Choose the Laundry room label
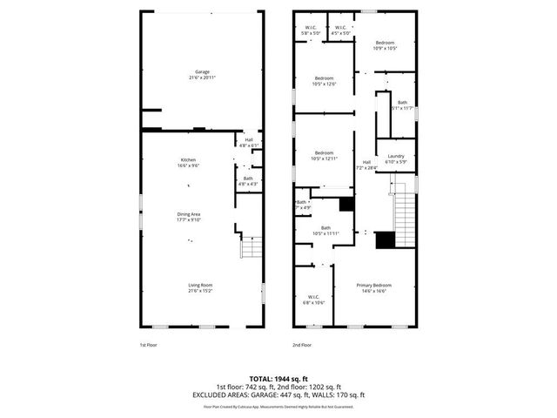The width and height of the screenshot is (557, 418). point(395,158)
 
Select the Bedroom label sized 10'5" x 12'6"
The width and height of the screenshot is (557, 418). point(324,81)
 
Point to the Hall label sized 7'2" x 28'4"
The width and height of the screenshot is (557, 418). point(366,165)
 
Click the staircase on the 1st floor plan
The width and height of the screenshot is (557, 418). point(251,248)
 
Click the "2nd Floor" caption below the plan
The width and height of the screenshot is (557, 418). point(301,345)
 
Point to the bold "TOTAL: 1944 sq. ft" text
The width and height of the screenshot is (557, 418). point(278,379)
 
